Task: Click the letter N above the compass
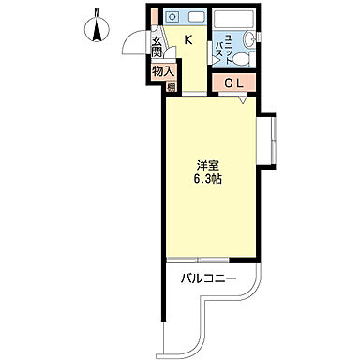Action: click(97, 13)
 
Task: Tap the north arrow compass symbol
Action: click(97, 30)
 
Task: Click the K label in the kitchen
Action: click(188, 39)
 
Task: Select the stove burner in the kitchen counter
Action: click(172, 17)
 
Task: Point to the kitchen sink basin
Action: click(196, 17)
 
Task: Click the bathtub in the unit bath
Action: click(232, 20)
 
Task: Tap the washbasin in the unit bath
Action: click(249, 39)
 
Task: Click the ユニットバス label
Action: click(224, 49)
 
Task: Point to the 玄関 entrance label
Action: click(157, 47)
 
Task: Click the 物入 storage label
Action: click(163, 71)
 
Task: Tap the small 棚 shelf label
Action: click(171, 87)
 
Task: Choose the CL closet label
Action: click(234, 82)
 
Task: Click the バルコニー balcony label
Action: click(209, 277)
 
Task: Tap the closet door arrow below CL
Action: click(244, 99)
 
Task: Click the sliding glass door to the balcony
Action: click(198, 260)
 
